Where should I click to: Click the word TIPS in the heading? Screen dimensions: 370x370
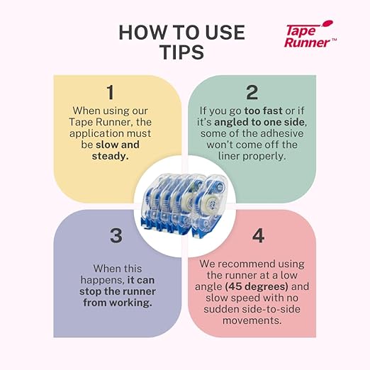pyautogui.click(x=181, y=52)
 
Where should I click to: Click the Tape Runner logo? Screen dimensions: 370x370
pyautogui.click(x=310, y=35)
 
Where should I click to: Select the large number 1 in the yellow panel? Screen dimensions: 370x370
pyautogui.click(x=111, y=92)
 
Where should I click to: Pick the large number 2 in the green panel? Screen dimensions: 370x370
pyautogui.click(x=252, y=92)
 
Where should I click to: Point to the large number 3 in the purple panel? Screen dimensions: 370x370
pyautogui.click(x=116, y=235)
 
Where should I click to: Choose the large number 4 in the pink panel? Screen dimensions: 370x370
pyautogui.click(x=258, y=235)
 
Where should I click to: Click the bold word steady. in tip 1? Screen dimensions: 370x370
pyautogui.click(x=110, y=156)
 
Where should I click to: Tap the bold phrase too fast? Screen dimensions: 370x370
pyautogui.click(x=263, y=111)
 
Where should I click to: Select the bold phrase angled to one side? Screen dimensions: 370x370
pyautogui.click(x=259, y=122)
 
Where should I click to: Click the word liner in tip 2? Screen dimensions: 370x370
pyautogui.click(x=229, y=156)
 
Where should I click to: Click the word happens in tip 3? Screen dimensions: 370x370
pyautogui.click(x=102, y=280)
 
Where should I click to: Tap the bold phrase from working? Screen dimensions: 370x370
pyautogui.click(x=118, y=303)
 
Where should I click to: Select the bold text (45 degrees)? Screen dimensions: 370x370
pyautogui.click(x=257, y=286)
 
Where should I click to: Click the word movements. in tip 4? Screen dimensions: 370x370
pyautogui.click(x=252, y=320)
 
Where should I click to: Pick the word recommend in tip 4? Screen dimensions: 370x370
pyautogui.click(x=246, y=264)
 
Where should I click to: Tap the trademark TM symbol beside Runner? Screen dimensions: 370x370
pyautogui.click(x=334, y=40)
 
